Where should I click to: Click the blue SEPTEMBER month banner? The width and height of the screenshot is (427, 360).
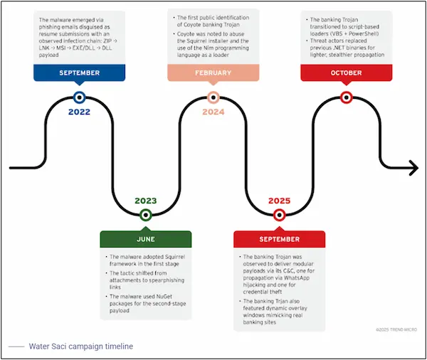click(79, 73)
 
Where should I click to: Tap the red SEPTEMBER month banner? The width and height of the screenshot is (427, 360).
click(279, 239)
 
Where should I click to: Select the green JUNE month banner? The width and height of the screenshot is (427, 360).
click(145, 239)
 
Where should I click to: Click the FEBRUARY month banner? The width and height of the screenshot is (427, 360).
click(213, 73)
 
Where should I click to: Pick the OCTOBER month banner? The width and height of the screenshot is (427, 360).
click(346, 73)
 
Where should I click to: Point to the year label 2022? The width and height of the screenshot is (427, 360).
click(79, 112)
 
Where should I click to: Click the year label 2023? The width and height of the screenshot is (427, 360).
click(145, 200)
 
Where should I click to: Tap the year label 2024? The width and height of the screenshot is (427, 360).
click(213, 112)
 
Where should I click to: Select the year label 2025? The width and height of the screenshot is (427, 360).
click(279, 200)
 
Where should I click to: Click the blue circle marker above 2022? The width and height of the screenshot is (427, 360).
click(79, 98)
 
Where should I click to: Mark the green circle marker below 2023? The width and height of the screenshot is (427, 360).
click(145, 214)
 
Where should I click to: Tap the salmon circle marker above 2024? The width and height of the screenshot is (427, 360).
click(213, 98)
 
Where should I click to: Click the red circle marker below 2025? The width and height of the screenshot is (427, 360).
click(279, 214)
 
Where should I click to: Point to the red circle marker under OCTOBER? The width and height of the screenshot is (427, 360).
click(346, 98)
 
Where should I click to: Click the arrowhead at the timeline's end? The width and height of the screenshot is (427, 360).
click(413, 169)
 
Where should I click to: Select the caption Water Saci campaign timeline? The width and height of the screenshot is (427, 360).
click(80, 346)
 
